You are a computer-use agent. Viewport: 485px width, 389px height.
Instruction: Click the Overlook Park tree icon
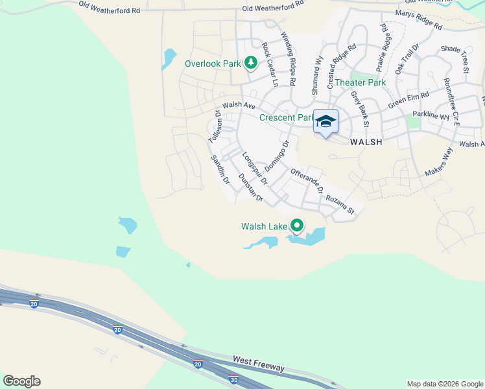[x=251, y=63]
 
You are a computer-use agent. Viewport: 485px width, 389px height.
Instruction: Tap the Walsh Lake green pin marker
[x=297, y=226]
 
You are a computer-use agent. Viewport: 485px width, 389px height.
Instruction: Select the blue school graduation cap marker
[x=325, y=122]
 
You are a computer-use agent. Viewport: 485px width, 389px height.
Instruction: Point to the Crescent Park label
[x=286, y=117]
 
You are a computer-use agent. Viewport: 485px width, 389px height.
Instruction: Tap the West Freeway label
[x=258, y=363]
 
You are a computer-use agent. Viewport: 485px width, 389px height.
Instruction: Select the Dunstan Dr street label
[x=252, y=188]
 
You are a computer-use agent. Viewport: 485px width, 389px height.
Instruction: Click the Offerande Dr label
[x=307, y=181]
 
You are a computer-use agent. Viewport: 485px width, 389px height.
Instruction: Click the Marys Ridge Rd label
[x=418, y=21]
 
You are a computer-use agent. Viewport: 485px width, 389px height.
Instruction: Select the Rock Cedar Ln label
[x=269, y=65]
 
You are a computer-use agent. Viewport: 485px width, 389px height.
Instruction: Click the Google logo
[x=21, y=381]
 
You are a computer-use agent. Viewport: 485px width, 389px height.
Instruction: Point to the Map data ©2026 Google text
[x=444, y=384]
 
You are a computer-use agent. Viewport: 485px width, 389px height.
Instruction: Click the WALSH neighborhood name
[x=366, y=141]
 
